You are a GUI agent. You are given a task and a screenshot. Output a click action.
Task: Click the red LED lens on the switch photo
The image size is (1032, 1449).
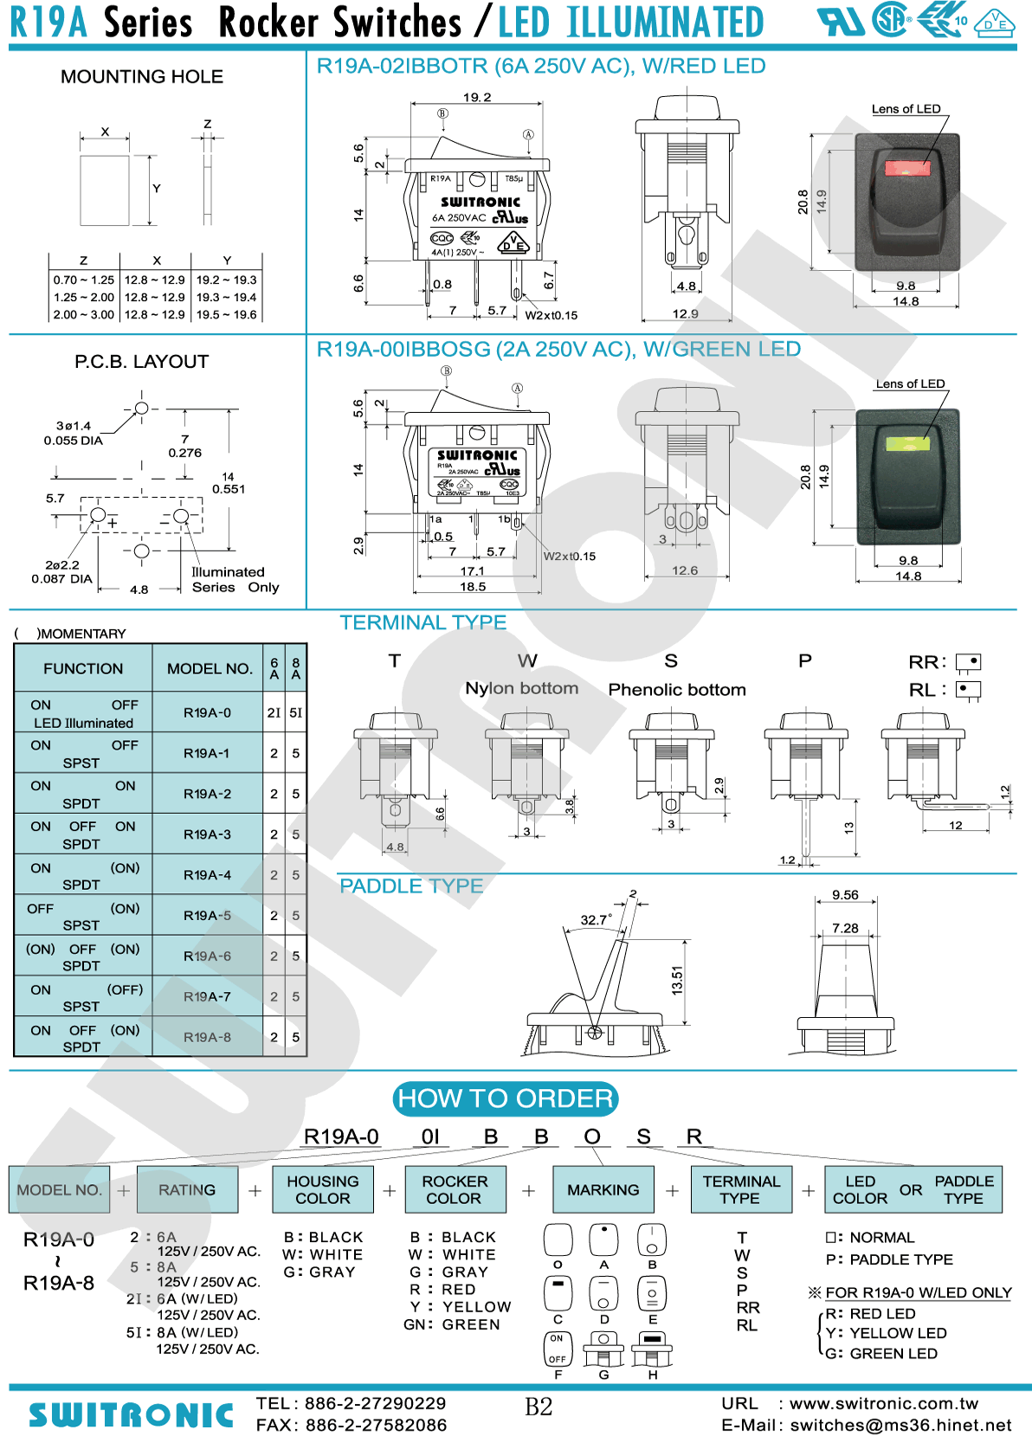pos(906,168)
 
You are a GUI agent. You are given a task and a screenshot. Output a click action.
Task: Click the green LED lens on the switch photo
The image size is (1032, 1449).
pos(907,444)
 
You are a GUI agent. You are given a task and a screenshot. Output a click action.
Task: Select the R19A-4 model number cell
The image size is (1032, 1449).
pos(208,875)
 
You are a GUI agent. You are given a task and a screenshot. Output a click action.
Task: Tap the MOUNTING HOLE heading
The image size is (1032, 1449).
pos(142,77)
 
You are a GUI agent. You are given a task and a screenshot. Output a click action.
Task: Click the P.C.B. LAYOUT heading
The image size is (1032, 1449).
pos(142,362)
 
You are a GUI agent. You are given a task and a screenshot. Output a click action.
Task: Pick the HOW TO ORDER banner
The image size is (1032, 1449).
pos(506,1098)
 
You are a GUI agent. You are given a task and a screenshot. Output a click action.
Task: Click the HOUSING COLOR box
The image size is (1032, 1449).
pos(323,1190)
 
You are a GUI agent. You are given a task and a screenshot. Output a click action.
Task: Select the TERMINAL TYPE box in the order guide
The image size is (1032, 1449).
pos(741,1190)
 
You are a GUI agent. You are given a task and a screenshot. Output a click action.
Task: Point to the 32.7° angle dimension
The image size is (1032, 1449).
pos(596,920)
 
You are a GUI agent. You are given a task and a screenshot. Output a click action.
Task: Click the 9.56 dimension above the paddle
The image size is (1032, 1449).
pos(845,895)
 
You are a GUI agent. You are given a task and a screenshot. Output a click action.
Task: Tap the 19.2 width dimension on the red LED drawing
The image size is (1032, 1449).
pos(477,98)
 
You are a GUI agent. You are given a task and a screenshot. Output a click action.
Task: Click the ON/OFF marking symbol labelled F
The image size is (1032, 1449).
pos(558,1349)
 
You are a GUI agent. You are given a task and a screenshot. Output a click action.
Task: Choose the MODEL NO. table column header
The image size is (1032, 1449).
pos(210,668)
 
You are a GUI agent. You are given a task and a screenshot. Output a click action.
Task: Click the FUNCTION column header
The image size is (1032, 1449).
pos(83,668)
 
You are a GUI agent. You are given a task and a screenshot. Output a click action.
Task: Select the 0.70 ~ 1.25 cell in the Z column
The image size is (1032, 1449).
pos(84,280)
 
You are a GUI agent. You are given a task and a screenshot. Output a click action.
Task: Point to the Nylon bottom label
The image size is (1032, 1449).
pos(522,688)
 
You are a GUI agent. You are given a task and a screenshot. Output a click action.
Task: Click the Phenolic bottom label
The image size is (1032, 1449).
pos(677,690)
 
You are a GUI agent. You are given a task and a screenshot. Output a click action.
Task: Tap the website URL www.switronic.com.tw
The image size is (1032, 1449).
pos(883,1404)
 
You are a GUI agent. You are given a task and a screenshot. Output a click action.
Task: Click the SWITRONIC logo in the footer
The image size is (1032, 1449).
pos(132,1415)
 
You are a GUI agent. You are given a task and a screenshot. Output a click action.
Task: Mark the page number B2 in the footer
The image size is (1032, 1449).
pos(539,1407)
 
